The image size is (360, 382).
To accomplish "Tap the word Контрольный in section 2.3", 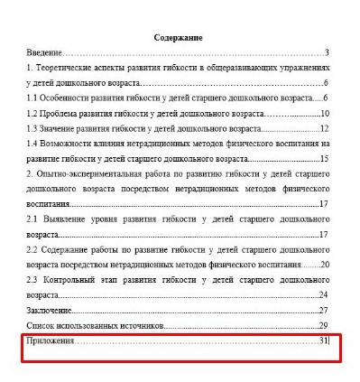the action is click(x=71, y=279).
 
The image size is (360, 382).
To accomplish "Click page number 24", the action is click(x=325, y=294).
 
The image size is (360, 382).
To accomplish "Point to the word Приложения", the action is click(x=51, y=340).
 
